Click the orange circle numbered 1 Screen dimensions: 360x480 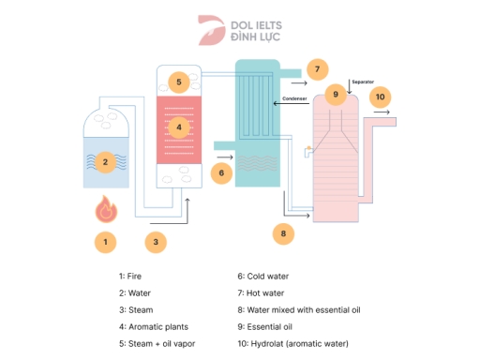[x=106, y=241]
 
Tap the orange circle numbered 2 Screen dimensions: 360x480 [x=106, y=161]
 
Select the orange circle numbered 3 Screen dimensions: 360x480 [x=157, y=241]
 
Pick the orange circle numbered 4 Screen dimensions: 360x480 [x=178, y=127]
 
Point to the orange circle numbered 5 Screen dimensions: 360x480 [x=178, y=82]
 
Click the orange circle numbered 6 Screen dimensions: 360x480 [x=221, y=172]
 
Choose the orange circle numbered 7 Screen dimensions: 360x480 [x=318, y=69]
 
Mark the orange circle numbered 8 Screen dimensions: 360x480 [x=284, y=232]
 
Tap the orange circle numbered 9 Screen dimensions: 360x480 [x=335, y=95]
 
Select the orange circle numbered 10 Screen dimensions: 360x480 [x=379, y=96]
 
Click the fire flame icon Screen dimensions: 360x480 [x=106, y=210]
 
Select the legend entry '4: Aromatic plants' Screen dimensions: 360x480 [x=154, y=326]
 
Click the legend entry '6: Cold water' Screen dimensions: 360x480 [x=263, y=277]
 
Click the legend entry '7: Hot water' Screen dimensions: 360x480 [x=262, y=293]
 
